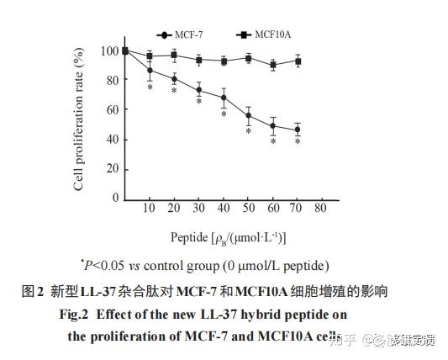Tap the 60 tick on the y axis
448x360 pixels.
112,110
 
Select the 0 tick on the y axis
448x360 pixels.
115,199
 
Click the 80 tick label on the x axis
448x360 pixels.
320,209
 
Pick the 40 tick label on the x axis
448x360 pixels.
224,209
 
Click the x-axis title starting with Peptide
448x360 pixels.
227,238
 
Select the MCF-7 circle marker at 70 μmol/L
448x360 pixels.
298,130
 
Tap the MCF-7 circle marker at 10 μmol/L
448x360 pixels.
150,71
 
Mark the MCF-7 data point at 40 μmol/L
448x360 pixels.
224,98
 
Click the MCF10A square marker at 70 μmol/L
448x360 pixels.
298,61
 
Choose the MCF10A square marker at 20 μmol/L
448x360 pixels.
174,56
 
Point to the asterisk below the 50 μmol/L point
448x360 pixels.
249,131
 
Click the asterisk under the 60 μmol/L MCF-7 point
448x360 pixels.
273,141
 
